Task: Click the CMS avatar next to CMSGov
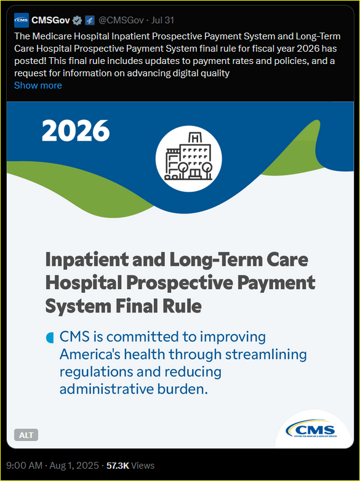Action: point(22,20)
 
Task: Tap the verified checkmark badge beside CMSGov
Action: point(77,20)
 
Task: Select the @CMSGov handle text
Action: point(121,20)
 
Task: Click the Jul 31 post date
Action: point(162,20)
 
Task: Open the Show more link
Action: point(38,85)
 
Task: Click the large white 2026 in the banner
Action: point(76,130)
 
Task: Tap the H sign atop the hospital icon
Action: point(194,138)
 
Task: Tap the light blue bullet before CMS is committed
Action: point(50,338)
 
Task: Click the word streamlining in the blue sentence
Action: point(266,355)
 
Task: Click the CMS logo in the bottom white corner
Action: point(311,429)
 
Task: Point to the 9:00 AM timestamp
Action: point(24,466)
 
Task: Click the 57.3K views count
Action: point(118,466)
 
